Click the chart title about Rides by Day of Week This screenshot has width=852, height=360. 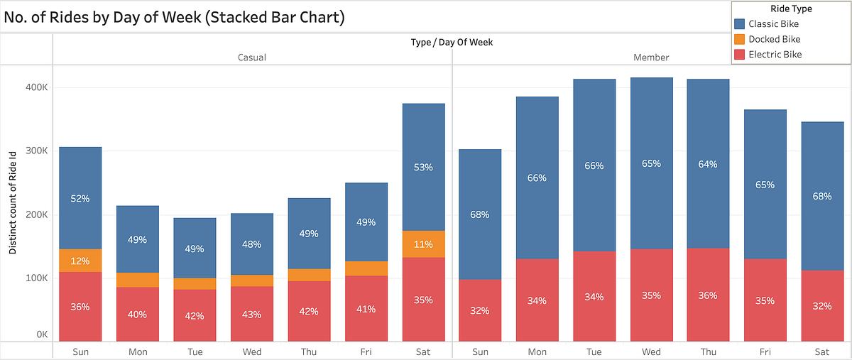174,17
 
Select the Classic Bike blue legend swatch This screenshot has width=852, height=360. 740,24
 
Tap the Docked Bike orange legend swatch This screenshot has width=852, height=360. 740,39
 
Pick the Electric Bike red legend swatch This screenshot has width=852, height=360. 740,54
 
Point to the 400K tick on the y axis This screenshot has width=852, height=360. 35,87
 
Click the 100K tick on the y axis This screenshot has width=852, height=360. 35,278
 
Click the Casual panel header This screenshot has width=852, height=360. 251,58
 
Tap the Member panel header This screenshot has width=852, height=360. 651,58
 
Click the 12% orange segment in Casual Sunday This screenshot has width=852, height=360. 80,261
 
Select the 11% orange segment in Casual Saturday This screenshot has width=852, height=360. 423,244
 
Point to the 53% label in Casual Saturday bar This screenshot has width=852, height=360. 423,168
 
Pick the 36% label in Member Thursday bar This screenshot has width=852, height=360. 708,297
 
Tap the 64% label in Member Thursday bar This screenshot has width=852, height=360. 708,164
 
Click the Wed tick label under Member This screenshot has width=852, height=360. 651,351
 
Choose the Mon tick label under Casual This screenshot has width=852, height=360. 137,351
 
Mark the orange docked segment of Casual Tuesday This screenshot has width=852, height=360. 195,284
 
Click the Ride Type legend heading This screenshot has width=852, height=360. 790,9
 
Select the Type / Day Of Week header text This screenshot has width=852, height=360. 452,42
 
